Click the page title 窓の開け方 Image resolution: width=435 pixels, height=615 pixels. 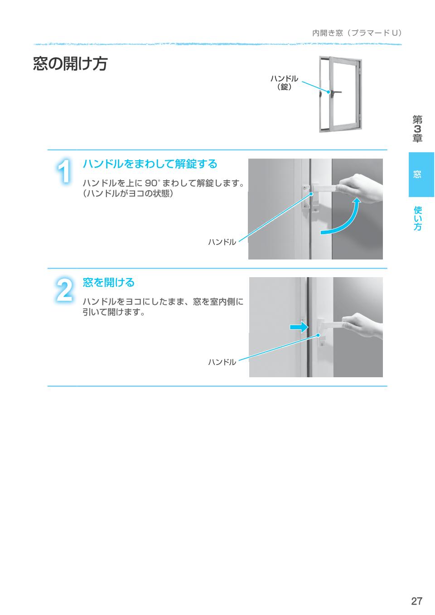click(70, 64)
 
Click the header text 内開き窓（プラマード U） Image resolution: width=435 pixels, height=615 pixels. click(357, 33)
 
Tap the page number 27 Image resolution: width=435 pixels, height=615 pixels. click(416, 601)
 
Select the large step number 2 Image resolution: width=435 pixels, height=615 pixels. click(64, 290)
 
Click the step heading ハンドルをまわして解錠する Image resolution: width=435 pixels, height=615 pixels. click(150, 164)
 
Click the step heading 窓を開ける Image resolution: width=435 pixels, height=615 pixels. click(109, 283)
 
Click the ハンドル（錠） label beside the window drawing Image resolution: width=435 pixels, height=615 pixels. click(284, 82)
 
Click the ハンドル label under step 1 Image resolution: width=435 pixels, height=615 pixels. click(222, 242)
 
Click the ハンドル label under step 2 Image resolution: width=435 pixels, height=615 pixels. click(222, 362)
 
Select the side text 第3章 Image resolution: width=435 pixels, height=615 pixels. click(417, 129)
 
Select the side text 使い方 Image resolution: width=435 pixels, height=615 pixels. click(417, 218)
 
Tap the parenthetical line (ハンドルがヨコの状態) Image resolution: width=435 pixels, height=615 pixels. click(128, 194)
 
